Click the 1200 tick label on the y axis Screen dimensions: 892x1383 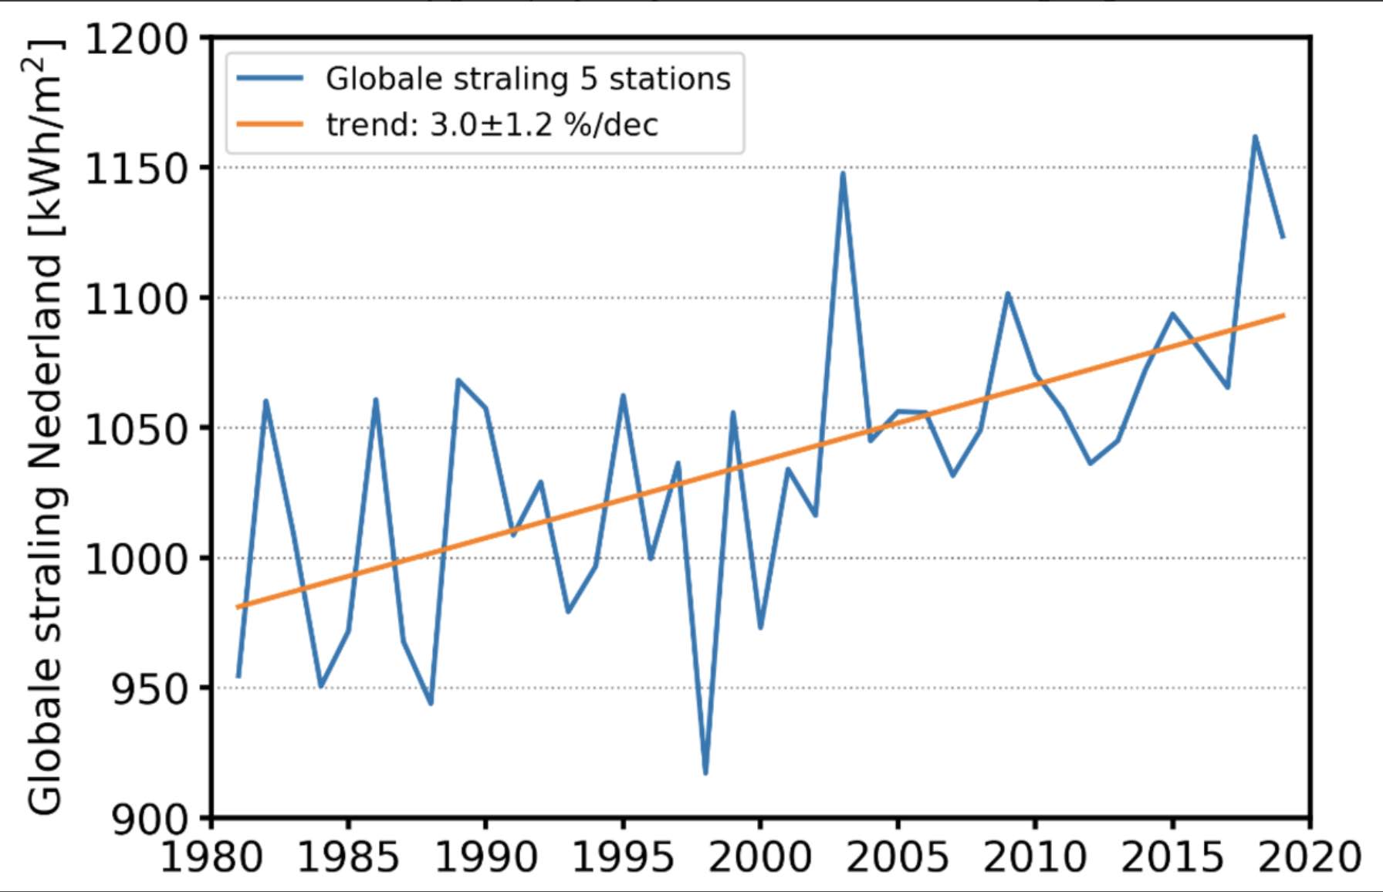(x=136, y=40)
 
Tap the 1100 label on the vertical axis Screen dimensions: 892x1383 (x=136, y=299)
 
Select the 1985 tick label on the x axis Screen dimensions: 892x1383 (x=347, y=857)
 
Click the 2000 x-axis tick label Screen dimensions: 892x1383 (x=760, y=857)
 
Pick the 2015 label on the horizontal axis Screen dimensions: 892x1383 (x=1172, y=857)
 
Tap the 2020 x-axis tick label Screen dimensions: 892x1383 (x=1310, y=857)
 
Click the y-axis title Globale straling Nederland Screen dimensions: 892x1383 (x=45, y=428)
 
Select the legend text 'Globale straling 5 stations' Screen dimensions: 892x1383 (x=528, y=79)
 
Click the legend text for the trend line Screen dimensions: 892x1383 (x=492, y=125)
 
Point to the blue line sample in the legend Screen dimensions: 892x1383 (x=269, y=78)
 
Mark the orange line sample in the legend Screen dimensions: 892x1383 (x=269, y=124)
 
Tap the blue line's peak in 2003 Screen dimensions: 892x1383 (x=843, y=173)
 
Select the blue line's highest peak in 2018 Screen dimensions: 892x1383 (x=1255, y=137)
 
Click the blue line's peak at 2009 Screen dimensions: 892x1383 (x=1007, y=293)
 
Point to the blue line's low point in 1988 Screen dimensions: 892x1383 (x=431, y=703)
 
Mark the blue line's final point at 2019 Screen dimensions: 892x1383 (x=1283, y=238)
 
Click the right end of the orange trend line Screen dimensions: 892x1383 (x=1283, y=315)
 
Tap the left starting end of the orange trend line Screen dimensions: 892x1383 (x=238, y=607)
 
